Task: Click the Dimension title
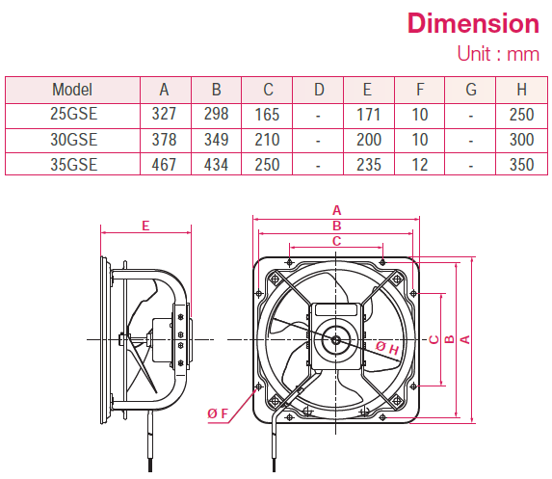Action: pyautogui.click(x=472, y=22)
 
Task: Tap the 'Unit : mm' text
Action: pyautogui.click(x=497, y=54)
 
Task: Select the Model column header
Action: pyautogui.click(x=72, y=91)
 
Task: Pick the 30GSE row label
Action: pyautogui.click(x=72, y=140)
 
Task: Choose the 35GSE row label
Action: pyautogui.click(x=72, y=165)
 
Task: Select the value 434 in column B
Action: pyautogui.click(x=216, y=165)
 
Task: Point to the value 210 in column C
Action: pyautogui.click(x=267, y=140)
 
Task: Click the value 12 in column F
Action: pyautogui.click(x=419, y=165)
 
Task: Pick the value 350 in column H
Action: pyautogui.click(x=520, y=165)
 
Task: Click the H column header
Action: pyautogui.click(x=520, y=91)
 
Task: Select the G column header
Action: pyautogui.click(x=470, y=91)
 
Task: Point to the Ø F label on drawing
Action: pyautogui.click(x=218, y=413)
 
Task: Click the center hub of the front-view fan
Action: pyautogui.click(x=334, y=337)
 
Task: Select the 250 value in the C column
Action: pyautogui.click(x=267, y=165)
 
